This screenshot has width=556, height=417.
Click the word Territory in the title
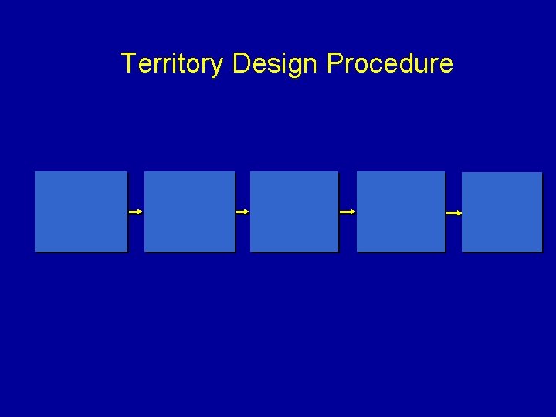click(x=172, y=63)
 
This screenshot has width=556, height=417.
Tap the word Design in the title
click(x=275, y=63)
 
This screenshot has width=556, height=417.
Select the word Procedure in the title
click(x=390, y=63)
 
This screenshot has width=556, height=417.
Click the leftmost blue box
click(x=81, y=211)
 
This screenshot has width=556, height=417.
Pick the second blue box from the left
click(x=189, y=211)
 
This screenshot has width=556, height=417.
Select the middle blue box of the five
click(x=294, y=211)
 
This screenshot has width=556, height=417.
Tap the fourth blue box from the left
click(x=401, y=211)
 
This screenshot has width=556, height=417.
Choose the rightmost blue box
click(x=502, y=211)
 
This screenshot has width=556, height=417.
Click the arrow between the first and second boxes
click(x=136, y=211)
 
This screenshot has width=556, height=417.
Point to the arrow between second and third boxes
click(x=242, y=211)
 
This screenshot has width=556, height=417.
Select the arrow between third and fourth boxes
click(x=347, y=211)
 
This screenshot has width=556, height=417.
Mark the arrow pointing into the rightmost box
click(x=454, y=212)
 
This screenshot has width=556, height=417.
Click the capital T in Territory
click(x=129, y=63)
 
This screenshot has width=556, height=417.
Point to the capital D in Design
click(x=241, y=63)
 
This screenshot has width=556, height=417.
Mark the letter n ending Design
click(x=310, y=65)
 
